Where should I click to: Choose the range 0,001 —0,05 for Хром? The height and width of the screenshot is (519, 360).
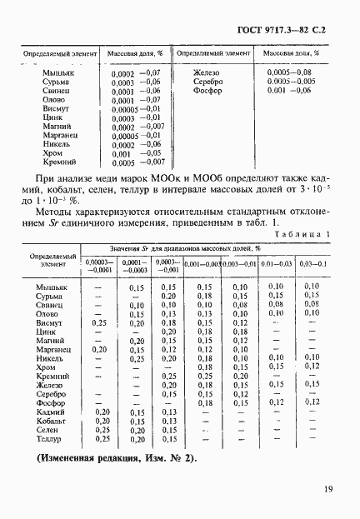click(135, 153)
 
